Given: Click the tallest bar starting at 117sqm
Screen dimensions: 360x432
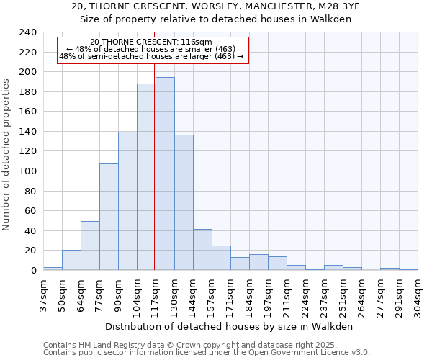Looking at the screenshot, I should pyautogui.click(x=165, y=174).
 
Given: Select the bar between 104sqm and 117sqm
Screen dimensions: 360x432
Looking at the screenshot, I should pyautogui.click(x=146, y=177).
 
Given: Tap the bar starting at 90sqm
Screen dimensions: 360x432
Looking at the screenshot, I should pyautogui.click(x=127, y=201).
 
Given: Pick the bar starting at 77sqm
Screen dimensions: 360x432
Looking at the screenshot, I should pyautogui.click(x=109, y=217).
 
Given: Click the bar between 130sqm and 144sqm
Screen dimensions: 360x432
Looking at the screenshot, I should pyautogui.click(x=184, y=202).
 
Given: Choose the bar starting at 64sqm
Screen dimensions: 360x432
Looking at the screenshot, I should pyautogui.click(x=90, y=246).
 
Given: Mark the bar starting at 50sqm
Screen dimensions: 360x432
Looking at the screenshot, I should pyautogui.click(x=71, y=260).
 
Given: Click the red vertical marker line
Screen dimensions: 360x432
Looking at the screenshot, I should pyautogui.click(x=155, y=158).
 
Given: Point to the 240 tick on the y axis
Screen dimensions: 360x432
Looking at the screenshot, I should pyautogui.click(x=27, y=32).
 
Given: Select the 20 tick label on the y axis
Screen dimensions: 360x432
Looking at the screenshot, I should pyautogui.click(x=30, y=251).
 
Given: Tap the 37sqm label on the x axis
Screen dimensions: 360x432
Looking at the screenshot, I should pyautogui.click(x=43, y=294).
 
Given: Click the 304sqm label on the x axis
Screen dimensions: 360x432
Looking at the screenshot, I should pyautogui.click(x=418, y=294).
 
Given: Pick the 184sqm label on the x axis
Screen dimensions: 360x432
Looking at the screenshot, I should pyautogui.click(x=249, y=294).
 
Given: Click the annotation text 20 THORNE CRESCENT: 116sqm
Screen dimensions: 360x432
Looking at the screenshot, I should pyautogui.click(x=151, y=42).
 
